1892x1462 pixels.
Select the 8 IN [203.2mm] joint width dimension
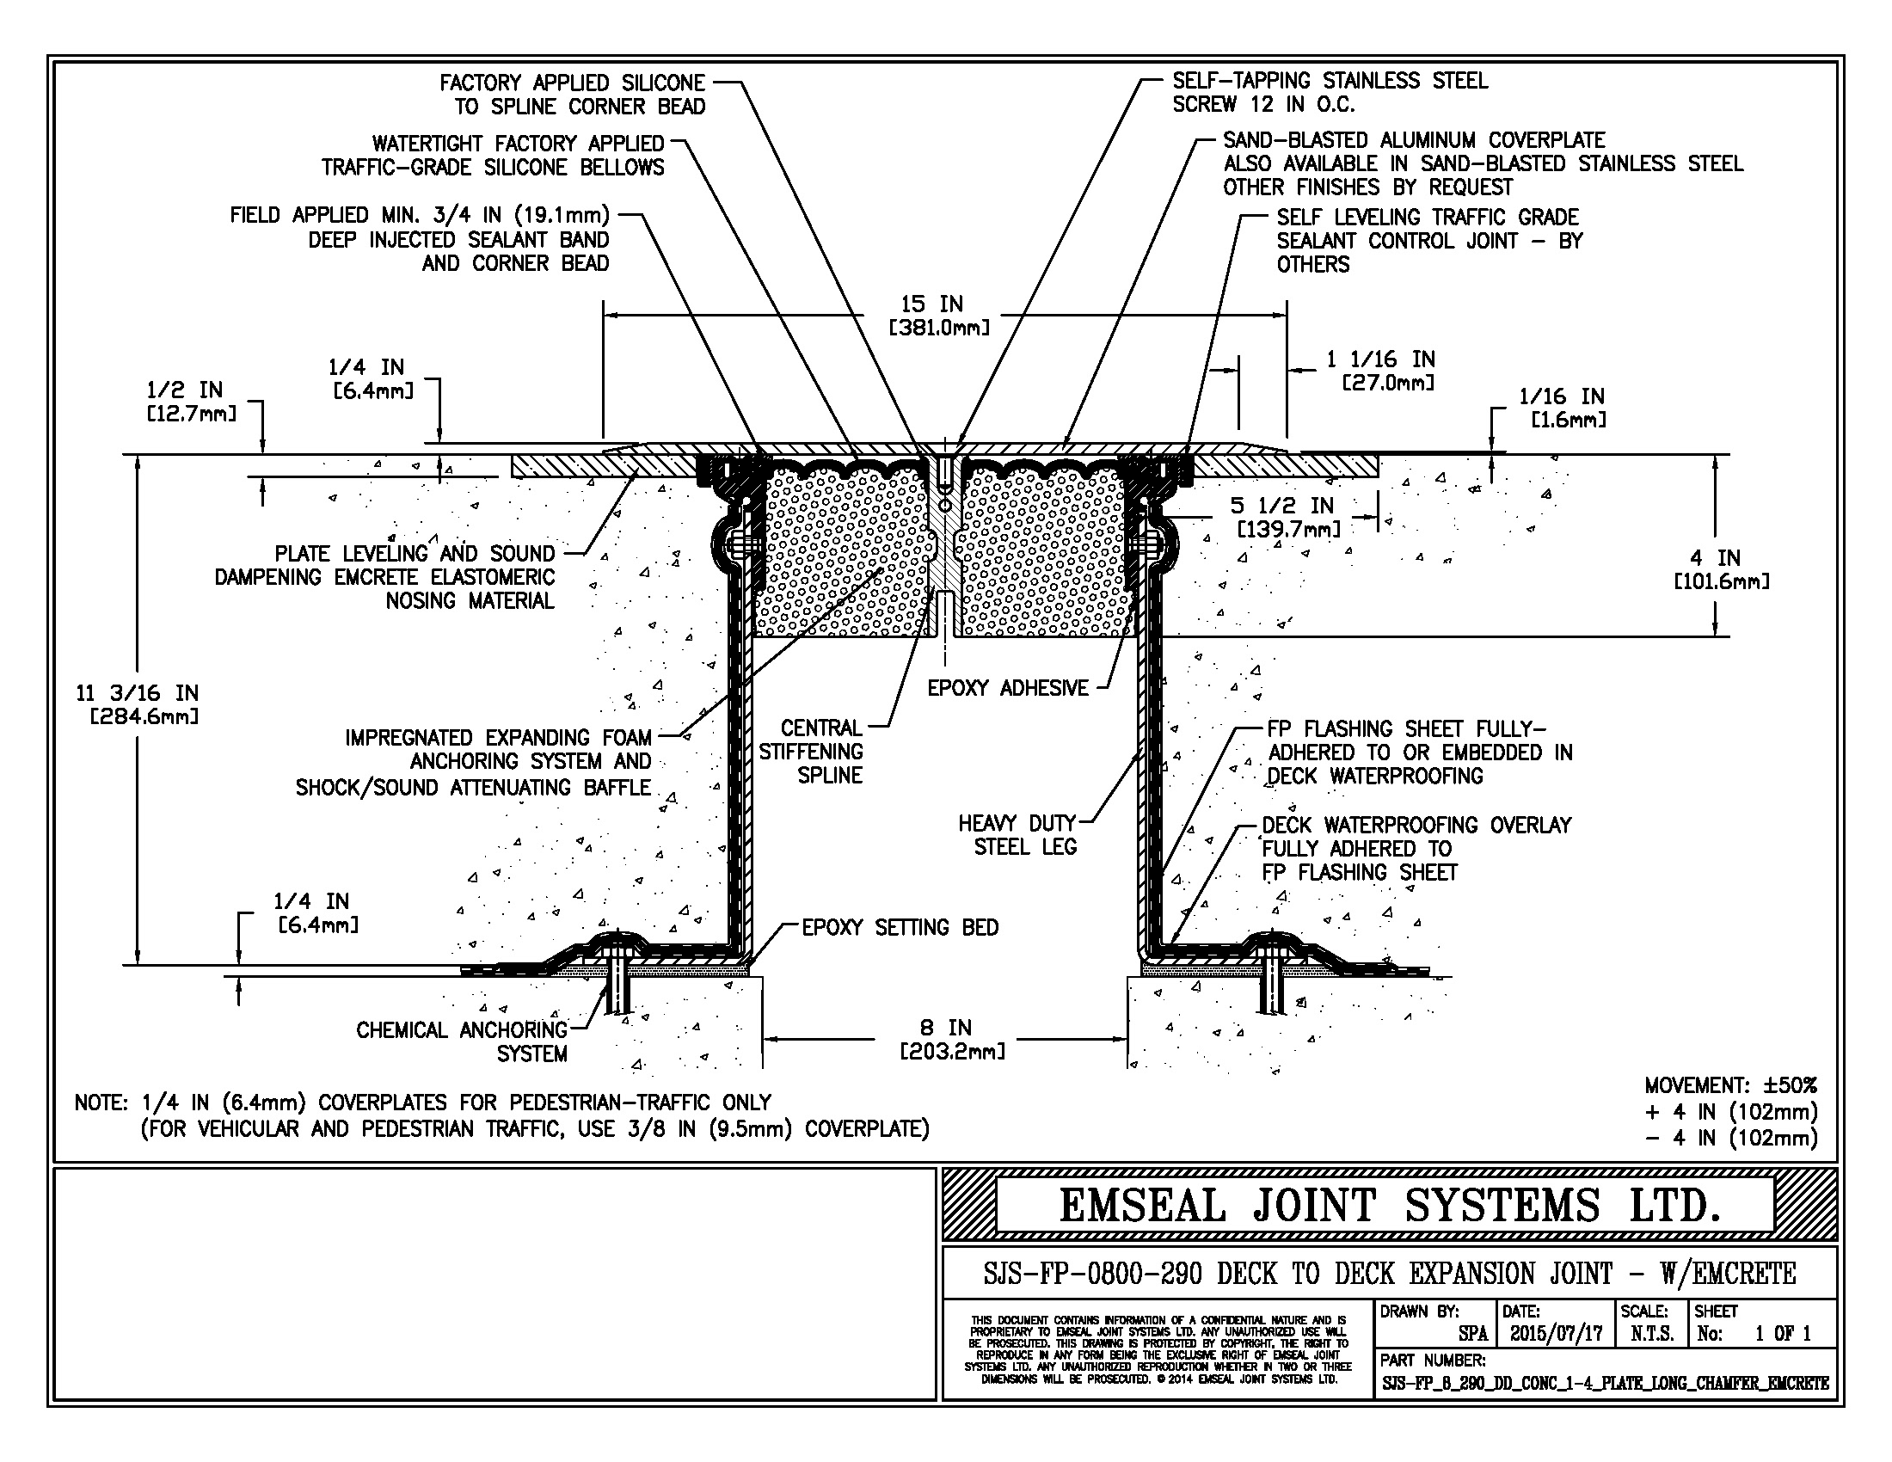(x=952, y=1040)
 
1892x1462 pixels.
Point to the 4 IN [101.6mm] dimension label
(x=1721, y=569)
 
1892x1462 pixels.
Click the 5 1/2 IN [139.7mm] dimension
(x=1287, y=517)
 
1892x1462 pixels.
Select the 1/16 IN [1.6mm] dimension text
(x=1561, y=408)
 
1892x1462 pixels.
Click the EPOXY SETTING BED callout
(x=900, y=928)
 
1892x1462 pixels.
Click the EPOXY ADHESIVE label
(x=1008, y=689)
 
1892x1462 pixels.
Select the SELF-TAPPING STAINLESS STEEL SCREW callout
(x=1329, y=93)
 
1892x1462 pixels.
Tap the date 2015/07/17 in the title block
(x=1556, y=1334)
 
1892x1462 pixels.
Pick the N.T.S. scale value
(x=1652, y=1334)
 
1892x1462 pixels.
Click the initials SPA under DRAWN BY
(x=1471, y=1334)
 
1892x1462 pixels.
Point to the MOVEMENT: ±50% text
(x=1730, y=1086)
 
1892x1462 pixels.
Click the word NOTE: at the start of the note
(x=102, y=1103)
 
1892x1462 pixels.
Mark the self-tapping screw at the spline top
(x=945, y=472)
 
